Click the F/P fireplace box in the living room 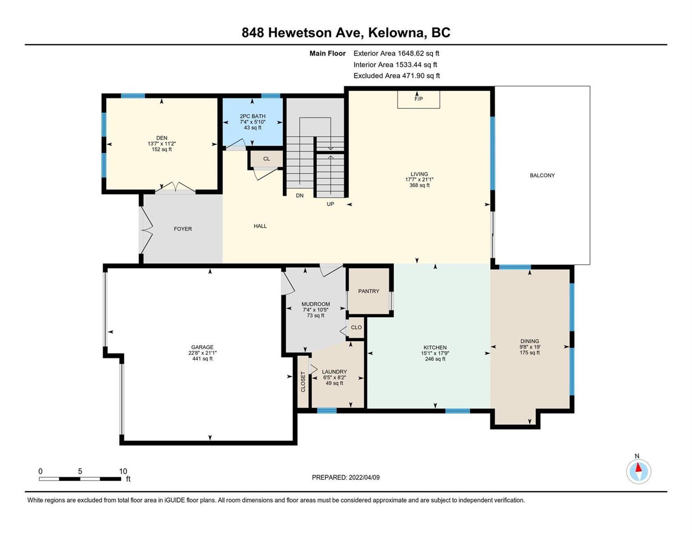click(418, 99)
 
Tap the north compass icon click(639, 471)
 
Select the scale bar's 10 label click(123, 471)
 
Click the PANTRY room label click(369, 291)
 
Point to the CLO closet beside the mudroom click(356, 327)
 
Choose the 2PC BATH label click(253, 116)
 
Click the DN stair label click(300, 195)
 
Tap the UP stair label click(330, 204)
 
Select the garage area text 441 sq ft click(202, 358)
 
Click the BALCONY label click(542, 175)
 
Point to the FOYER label click(183, 229)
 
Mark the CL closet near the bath click(266, 159)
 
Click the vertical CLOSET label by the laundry click(303, 382)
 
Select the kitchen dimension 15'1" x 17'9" click(435, 353)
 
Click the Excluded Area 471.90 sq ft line click(397, 75)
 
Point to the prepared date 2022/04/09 click(364, 477)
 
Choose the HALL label click(260, 226)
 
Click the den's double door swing click(175, 188)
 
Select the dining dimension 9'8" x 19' click(530, 347)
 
